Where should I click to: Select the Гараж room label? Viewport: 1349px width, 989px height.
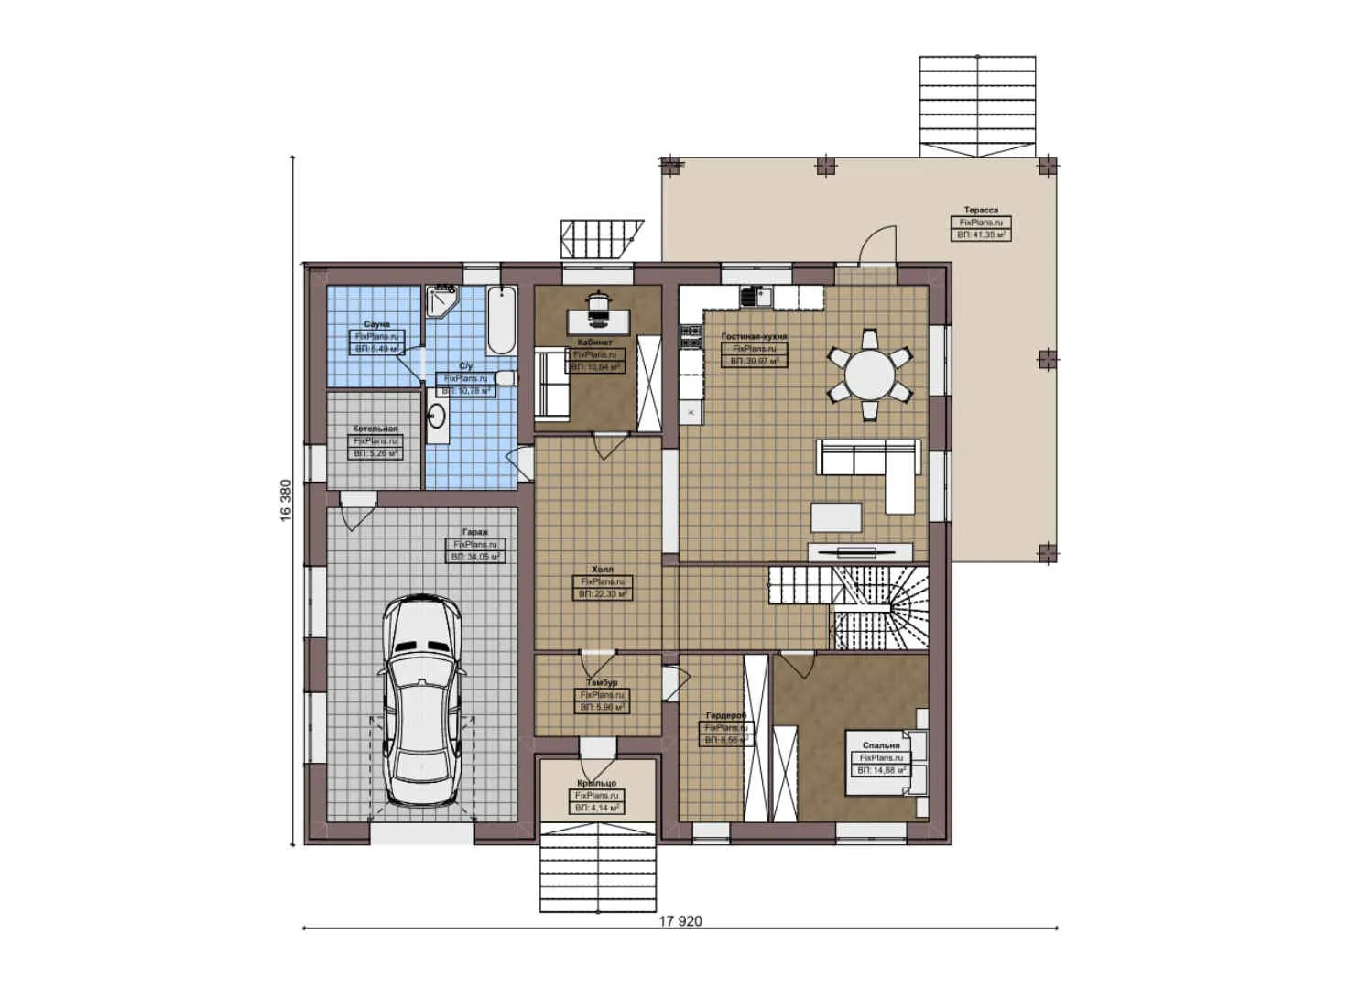(475, 532)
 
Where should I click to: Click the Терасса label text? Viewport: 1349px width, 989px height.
(981, 210)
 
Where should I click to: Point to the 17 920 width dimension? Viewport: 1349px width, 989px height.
(680, 920)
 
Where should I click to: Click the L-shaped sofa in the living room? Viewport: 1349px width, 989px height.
(870, 467)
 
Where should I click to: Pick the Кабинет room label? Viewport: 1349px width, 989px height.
(595, 342)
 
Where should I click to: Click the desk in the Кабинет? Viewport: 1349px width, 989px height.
(599, 320)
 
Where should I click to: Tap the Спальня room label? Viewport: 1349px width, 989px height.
(881, 745)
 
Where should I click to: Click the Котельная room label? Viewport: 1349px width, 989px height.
(375, 429)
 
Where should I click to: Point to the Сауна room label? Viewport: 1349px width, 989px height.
(376, 324)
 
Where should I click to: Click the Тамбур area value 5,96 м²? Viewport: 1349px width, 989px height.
(603, 708)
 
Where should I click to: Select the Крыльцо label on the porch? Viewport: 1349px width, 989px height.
(596, 784)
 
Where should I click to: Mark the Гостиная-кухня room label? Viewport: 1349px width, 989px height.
(754, 336)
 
